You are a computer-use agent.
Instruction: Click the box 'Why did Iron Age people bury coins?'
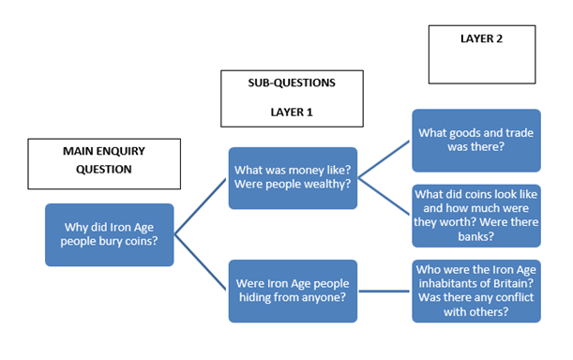pyautogui.click(x=110, y=234)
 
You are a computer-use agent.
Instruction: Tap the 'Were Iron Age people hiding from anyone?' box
pyautogui.click(x=293, y=291)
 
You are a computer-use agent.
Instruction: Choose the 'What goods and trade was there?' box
pyautogui.click(x=475, y=140)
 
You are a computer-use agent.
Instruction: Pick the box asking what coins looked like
pyautogui.click(x=475, y=217)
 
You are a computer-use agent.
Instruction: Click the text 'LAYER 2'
pyautogui.click(x=482, y=39)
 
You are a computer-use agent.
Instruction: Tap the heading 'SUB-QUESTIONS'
pyautogui.click(x=292, y=82)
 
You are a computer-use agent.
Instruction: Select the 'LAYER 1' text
pyautogui.click(x=292, y=112)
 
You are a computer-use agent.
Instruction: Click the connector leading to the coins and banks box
pyautogui.click(x=385, y=194)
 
